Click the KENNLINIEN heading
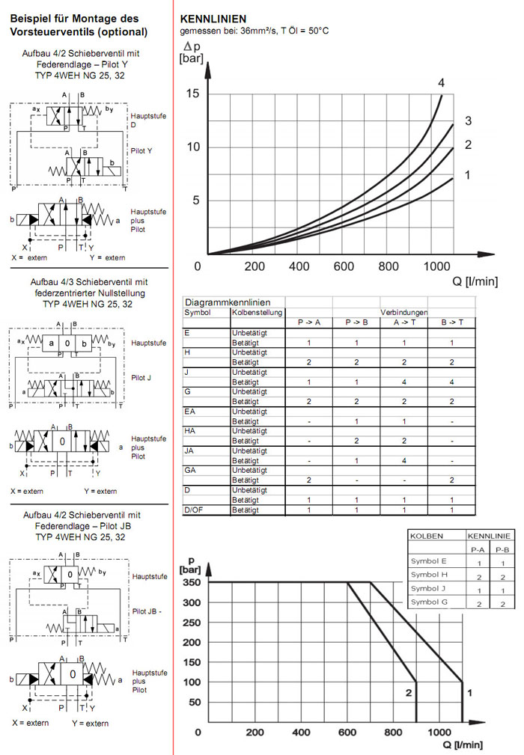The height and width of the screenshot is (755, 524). click(x=213, y=18)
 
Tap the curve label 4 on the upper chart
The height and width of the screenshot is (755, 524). click(x=442, y=82)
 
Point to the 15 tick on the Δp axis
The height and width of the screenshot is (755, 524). click(x=193, y=93)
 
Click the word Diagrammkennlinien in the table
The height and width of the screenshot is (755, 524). click(x=222, y=302)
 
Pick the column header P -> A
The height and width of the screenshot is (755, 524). click(x=309, y=323)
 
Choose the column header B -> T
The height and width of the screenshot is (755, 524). click(x=451, y=323)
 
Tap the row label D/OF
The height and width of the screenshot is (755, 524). click(x=194, y=510)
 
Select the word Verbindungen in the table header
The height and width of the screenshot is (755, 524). click(x=403, y=312)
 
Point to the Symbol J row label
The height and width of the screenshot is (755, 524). click(x=429, y=588)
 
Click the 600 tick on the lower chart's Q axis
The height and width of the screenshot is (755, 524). click(x=347, y=733)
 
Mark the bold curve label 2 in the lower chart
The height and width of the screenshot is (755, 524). click(x=409, y=693)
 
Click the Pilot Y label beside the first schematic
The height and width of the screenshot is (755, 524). click(x=141, y=150)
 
